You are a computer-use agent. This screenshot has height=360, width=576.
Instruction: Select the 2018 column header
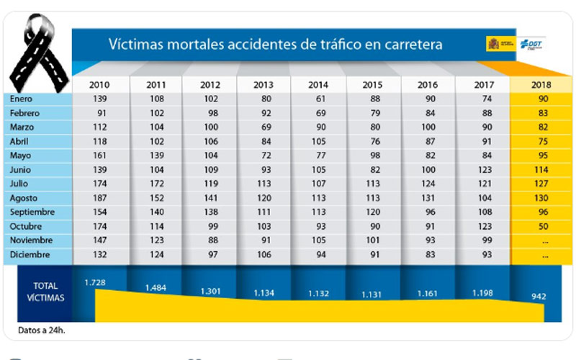point(541,85)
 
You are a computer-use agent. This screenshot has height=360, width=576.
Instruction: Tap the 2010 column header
point(100,85)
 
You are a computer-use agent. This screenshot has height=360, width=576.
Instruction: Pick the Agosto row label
point(24,198)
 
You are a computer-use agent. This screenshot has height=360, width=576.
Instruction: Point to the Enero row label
point(22,99)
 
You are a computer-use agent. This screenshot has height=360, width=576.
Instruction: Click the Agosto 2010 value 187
point(100,198)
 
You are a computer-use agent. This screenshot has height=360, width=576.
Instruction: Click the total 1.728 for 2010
point(95,282)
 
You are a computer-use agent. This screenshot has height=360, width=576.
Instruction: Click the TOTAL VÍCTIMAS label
point(44,291)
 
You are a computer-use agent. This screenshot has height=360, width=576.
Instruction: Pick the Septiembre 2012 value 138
point(210,212)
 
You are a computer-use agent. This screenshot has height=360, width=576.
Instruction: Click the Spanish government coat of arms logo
point(493,44)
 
